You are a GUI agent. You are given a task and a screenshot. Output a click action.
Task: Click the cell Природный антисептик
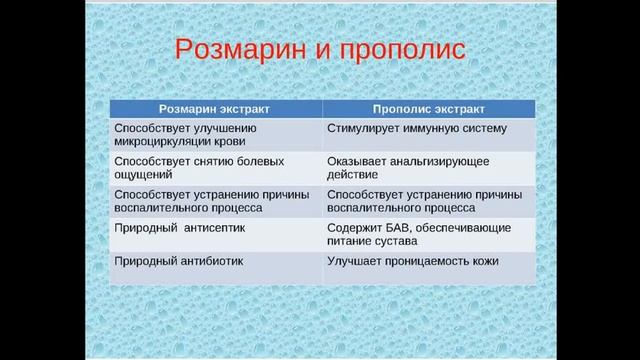pos(179,228)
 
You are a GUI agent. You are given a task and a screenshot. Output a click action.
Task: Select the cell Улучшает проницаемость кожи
pos(413,261)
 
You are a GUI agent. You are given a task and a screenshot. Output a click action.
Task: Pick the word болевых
pos(264,161)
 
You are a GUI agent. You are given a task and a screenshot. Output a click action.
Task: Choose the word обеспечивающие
pos(467,228)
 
